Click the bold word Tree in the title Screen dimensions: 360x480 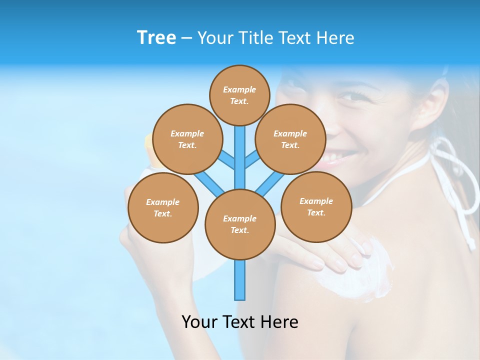point(156,37)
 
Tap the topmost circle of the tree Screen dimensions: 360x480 point(239,95)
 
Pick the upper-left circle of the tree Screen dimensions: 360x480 point(187,139)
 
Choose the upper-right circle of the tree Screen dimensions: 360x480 point(290,139)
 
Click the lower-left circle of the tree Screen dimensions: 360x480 point(163,207)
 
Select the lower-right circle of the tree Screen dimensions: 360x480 point(316,206)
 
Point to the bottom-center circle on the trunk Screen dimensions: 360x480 point(240,224)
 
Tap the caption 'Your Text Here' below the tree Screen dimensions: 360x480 point(240,322)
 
